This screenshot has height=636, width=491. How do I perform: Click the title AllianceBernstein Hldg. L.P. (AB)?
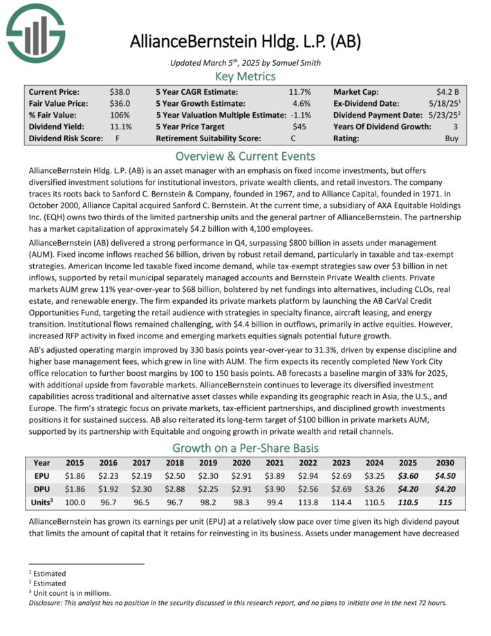[245, 41]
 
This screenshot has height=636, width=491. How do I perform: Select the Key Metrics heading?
[245, 76]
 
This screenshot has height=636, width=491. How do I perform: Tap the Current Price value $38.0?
[120, 91]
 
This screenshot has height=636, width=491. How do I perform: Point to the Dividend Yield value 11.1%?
[120, 127]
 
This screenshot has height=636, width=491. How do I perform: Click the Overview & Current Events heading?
[245, 156]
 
